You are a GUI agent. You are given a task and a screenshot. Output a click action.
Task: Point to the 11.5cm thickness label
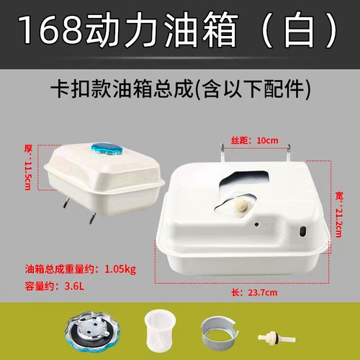coord(30,168)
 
